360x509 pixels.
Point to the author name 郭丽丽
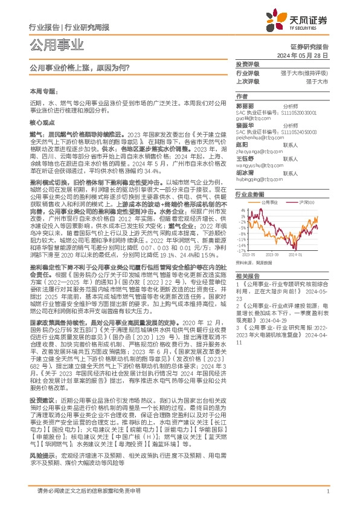pyautogui.click(x=243, y=106)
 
